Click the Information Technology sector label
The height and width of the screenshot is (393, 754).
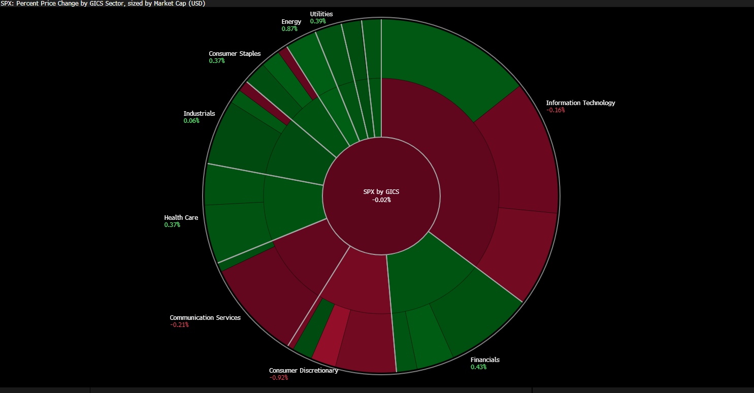[x=580, y=103]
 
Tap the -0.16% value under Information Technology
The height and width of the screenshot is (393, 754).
[x=555, y=110]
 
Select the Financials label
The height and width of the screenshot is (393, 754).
[x=485, y=360]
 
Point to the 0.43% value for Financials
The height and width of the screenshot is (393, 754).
[x=478, y=367]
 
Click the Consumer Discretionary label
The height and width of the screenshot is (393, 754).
[x=304, y=371]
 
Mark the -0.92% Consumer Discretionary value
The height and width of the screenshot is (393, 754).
[x=279, y=378]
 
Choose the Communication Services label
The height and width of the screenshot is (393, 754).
[x=205, y=318]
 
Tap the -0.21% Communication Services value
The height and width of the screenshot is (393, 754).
[x=179, y=325]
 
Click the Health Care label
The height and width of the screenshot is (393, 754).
[x=181, y=218]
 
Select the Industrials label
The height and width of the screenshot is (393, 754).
[x=199, y=114]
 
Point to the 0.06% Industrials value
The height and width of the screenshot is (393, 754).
[x=191, y=121]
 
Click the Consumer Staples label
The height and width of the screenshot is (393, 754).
[x=235, y=54]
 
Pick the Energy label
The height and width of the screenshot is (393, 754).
[x=291, y=22]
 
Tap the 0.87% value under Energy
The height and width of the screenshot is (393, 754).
[x=289, y=29]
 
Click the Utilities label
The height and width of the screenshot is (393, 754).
[x=321, y=14]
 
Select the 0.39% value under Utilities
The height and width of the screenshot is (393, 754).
[x=318, y=21]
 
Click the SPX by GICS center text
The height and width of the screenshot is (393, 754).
[x=381, y=192]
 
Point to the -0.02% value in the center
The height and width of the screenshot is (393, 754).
[x=381, y=200]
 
